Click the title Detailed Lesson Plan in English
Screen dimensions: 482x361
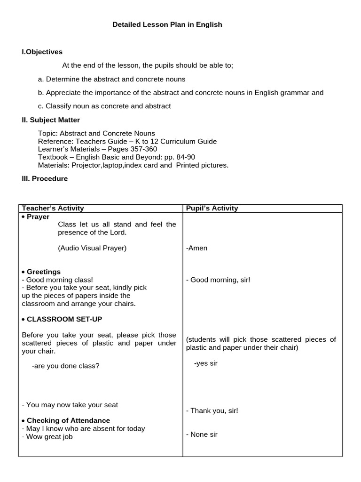click(x=167, y=24)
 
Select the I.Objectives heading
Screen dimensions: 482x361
click(x=42, y=52)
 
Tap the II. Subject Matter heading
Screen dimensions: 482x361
click(x=51, y=120)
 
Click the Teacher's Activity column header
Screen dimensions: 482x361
click(x=53, y=208)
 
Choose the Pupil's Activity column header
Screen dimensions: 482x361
click(x=212, y=208)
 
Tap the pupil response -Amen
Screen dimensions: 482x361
click(x=196, y=248)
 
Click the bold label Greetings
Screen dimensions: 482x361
click(x=43, y=272)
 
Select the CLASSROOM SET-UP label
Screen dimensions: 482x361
click(x=64, y=319)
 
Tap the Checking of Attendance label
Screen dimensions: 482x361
click(x=68, y=421)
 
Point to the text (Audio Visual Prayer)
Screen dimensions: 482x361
click(x=92, y=248)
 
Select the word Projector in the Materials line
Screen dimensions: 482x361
click(x=83, y=165)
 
